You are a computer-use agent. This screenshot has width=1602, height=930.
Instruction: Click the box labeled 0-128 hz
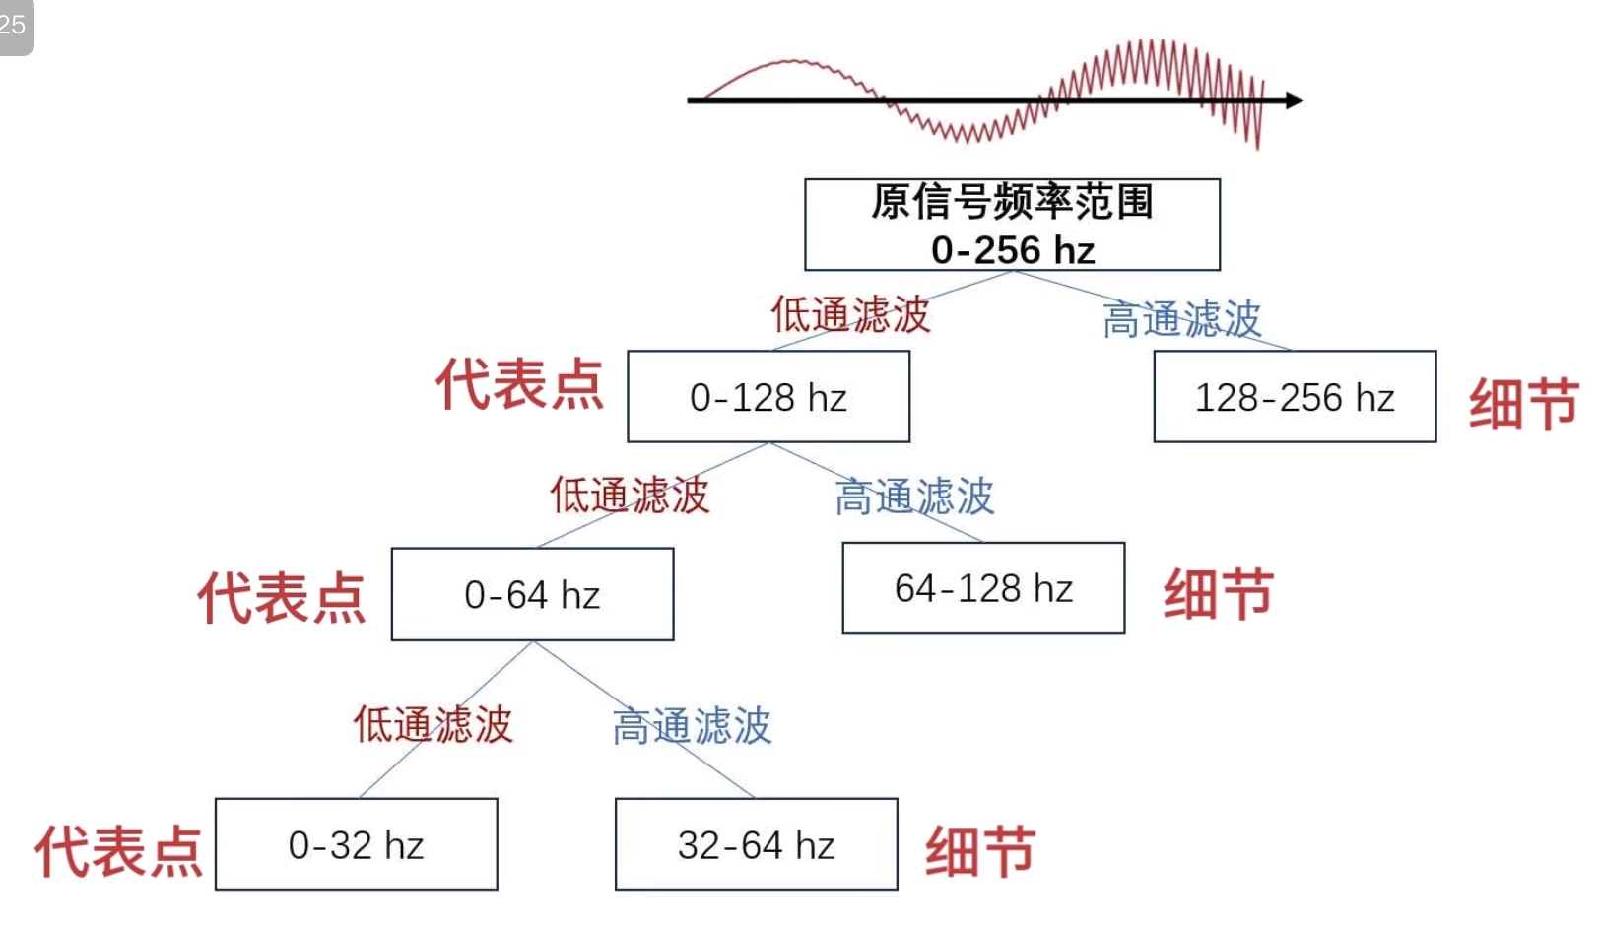click(x=768, y=397)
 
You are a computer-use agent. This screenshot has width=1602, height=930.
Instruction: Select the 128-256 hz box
click(x=1295, y=397)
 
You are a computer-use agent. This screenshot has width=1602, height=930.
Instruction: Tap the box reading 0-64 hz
click(x=532, y=594)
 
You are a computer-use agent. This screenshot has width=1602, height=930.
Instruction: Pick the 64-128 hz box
click(x=983, y=588)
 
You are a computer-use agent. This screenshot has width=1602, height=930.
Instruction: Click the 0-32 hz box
click(x=356, y=844)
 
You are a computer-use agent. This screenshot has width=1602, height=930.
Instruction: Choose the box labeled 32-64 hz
click(x=756, y=844)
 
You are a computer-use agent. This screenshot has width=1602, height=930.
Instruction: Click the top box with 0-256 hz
click(x=1012, y=225)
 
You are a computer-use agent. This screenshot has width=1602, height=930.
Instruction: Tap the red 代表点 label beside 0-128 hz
click(x=519, y=383)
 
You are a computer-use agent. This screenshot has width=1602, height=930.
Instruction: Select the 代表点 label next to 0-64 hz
click(x=282, y=597)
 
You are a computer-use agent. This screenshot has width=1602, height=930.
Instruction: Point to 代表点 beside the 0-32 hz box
click(x=118, y=851)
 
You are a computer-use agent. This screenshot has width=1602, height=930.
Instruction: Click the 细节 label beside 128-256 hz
click(x=1523, y=403)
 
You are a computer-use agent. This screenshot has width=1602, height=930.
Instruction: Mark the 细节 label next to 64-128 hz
click(x=1218, y=593)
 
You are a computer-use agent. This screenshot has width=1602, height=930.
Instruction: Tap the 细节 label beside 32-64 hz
click(x=979, y=851)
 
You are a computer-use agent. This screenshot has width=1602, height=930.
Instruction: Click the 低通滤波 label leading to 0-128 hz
click(x=850, y=315)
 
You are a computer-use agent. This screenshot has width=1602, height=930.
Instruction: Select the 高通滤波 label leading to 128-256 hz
click(x=1181, y=320)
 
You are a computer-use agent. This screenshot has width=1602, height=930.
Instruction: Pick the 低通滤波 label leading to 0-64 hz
click(x=630, y=495)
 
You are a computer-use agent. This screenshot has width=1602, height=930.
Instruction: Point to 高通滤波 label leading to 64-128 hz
click(x=914, y=497)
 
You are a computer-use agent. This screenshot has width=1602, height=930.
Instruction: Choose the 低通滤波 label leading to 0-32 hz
click(x=434, y=724)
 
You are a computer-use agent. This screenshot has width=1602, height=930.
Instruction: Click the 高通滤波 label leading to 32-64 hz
click(x=692, y=727)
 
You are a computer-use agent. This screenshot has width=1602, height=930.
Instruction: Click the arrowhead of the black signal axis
click(x=1294, y=100)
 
